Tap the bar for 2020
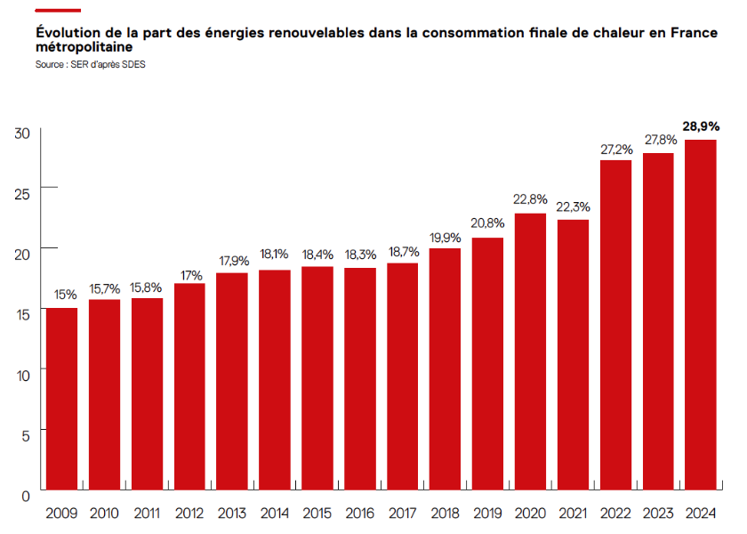point(530,351)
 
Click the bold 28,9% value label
point(701,126)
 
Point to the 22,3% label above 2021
point(573,206)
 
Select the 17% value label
point(189,275)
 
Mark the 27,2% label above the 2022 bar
point(615,149)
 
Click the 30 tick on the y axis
point(23,133)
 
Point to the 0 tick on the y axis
point(27,495)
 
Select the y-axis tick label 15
point(23,314)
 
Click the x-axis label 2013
point(232,514)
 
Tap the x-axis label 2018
point(445,514)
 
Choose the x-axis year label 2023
point(658,514)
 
